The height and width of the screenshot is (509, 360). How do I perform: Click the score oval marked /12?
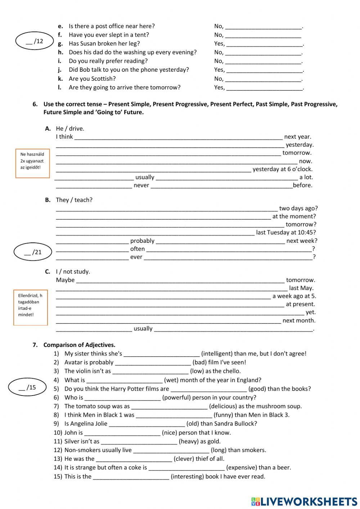[34, 41]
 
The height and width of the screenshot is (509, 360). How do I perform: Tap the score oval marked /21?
[33, 252]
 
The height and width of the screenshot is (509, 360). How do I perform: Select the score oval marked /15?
[27, 388]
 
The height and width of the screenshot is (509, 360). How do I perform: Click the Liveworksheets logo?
[304, 501]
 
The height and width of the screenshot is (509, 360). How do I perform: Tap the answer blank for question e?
[263, 26]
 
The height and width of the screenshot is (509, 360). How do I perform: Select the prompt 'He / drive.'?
[70, 129]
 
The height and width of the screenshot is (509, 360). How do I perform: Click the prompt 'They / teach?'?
[74, 200]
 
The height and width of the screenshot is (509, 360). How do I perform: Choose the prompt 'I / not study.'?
[73, 272]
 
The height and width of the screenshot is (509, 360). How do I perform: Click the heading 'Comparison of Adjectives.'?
[79, 345]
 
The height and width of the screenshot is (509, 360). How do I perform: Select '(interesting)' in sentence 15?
[188, 476]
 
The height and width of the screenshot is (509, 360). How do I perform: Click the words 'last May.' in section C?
[301, 288]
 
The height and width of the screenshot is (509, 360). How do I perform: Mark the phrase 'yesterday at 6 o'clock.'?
[282, 169]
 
